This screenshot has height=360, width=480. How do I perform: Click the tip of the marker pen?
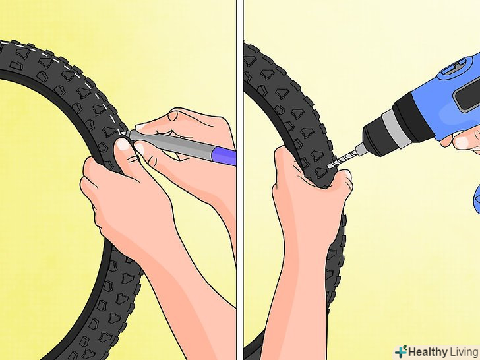tap(123, 133)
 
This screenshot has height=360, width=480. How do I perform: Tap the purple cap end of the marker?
tap(225, 155)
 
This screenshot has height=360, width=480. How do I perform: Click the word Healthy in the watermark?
tap(427, 352)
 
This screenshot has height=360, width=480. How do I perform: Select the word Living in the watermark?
tap(464, 352)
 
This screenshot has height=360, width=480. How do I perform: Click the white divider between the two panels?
tap(240, 180)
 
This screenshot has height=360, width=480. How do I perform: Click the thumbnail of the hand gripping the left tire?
tap(123, 144)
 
